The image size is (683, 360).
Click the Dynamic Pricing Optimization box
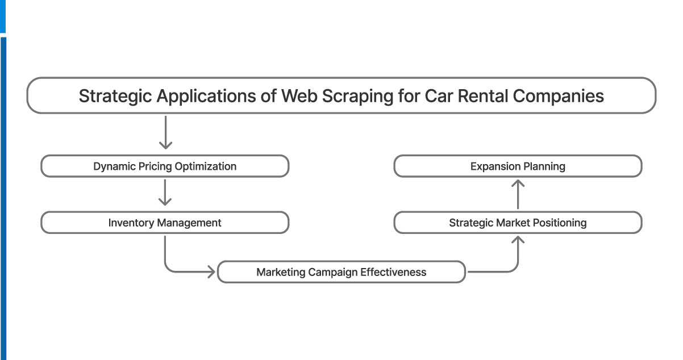165,166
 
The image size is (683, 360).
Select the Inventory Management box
165,223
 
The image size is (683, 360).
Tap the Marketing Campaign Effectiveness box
341,272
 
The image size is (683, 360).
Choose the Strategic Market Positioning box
518,223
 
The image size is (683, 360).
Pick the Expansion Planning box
518,166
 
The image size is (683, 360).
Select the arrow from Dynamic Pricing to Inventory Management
165,193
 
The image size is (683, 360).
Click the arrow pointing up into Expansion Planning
518,194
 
